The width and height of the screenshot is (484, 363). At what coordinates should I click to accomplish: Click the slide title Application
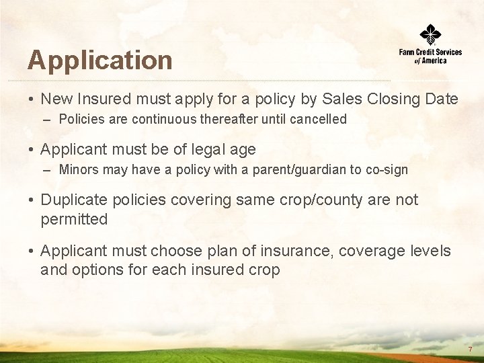pyautogui.click(x=99, y=61)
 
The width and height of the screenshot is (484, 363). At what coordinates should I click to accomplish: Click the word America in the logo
pyautogui.click(x=434, y=61)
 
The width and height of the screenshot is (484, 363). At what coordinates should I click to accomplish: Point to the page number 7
pyautogui.click(x=470, y=350)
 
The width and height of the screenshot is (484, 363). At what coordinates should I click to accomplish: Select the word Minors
pyautogui.click(x=78, y=170)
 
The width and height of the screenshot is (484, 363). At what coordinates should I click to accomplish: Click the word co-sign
pyautogui.click(x=386, y=170)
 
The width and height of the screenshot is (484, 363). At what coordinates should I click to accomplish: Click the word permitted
pyautogui.click(x=74, y=219)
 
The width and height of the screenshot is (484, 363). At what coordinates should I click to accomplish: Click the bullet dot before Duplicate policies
pyautogui.click(x=32, y=200)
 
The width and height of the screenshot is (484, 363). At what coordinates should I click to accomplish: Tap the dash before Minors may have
pyautogui.click(x=46, y=170)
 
